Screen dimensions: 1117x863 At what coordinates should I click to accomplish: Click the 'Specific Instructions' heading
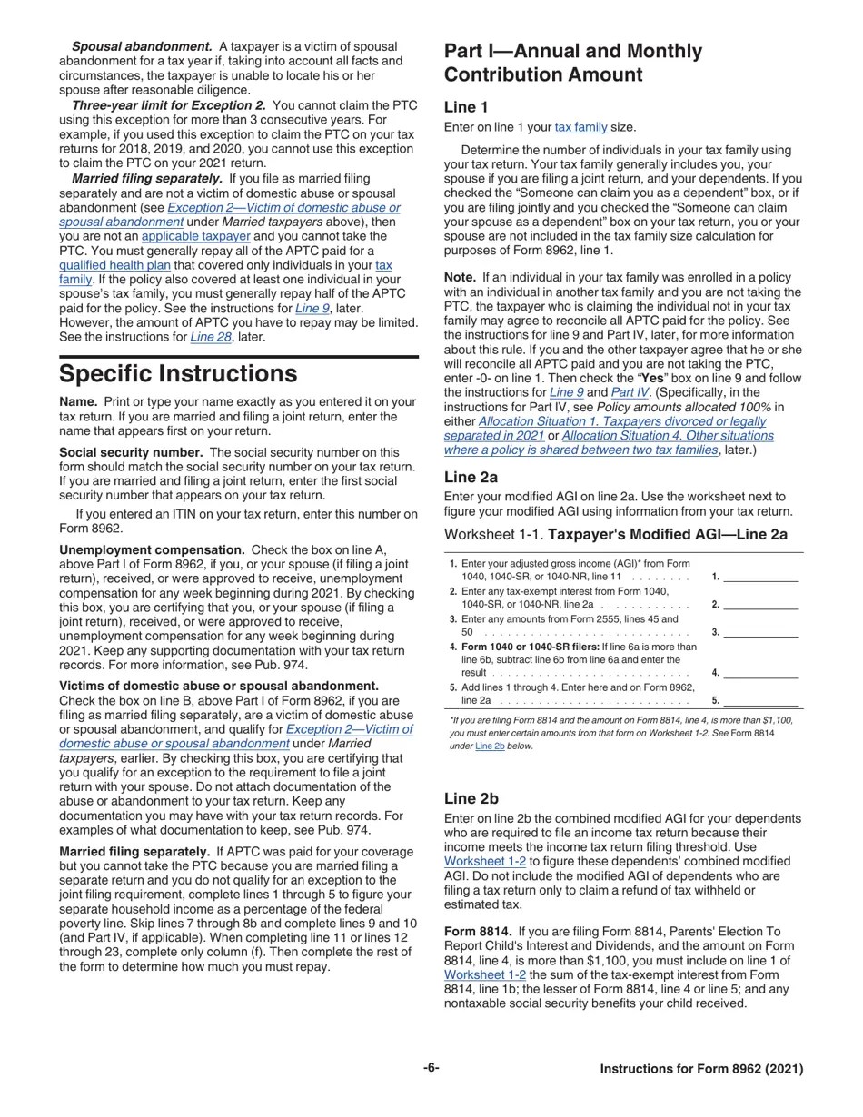click(178, 374)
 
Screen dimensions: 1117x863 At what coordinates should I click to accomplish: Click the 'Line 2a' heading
click(471, 477)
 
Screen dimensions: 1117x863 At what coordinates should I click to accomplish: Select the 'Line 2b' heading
click(471, 798)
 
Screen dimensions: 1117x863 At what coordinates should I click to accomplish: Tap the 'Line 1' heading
click(466, 107)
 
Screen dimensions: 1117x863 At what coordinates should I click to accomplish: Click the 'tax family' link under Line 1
click(580, 127)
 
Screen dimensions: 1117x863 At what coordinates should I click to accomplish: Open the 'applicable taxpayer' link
click(195, 236)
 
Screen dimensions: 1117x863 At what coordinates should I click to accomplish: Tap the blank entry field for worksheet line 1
click(760, 576)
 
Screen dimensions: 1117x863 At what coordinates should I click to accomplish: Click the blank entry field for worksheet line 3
click(760, 632)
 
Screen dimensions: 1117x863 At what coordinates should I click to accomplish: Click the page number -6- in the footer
click(431, 1068)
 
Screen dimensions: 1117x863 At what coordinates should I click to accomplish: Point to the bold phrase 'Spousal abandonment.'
click(142, 46)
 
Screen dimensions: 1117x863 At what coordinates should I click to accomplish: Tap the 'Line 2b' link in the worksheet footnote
click(491, 746)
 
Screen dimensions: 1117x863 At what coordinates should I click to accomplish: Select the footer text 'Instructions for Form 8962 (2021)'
click(701, 1069)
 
